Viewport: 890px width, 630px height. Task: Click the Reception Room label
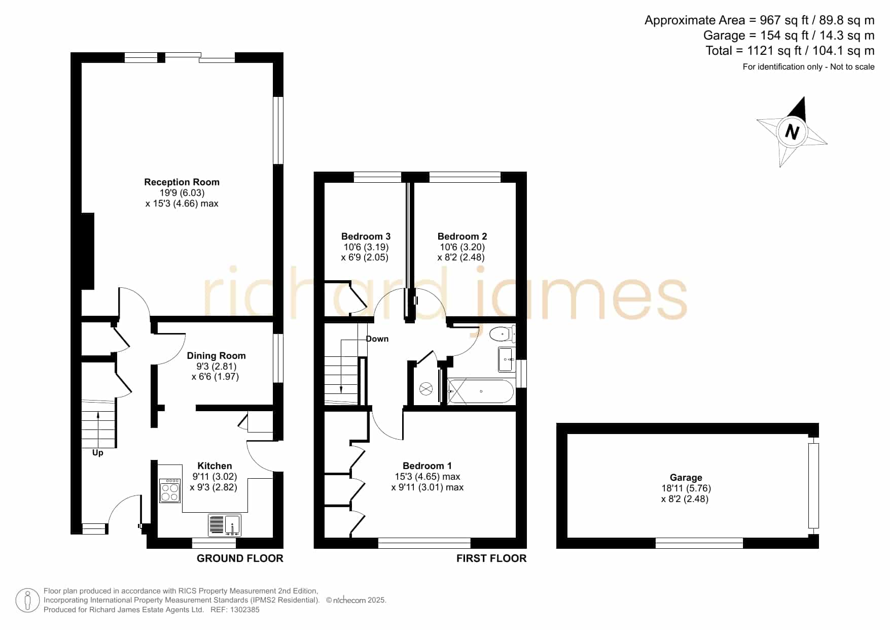[x=182, y=182]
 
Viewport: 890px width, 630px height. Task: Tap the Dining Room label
[x=216, y=355]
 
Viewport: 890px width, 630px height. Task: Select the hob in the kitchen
[x=170, y=490]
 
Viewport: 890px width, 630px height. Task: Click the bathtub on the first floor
[x=481, y=391]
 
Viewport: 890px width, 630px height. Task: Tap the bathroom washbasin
[x=506, y=359]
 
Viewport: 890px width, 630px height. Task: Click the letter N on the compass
[x=792, y=132]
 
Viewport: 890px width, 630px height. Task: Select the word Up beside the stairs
[x=98, y=452]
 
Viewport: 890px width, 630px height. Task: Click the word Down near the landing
[x=377, y=339]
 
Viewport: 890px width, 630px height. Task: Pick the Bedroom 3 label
[x=366, y=236]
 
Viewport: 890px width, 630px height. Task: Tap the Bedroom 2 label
[x=462, y=236]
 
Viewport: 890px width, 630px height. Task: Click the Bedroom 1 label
[x=427, y=466]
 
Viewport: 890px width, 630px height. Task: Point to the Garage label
[x=686, y=477]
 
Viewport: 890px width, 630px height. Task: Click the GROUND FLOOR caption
[x=240, y=558]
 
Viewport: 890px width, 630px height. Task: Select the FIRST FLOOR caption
[x=491, y=558]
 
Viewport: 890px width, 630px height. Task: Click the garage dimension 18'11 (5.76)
[x=686, y=488]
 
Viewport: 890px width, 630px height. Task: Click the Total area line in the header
[x=790, y=51]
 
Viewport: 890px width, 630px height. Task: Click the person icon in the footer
[x=27, y=601]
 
